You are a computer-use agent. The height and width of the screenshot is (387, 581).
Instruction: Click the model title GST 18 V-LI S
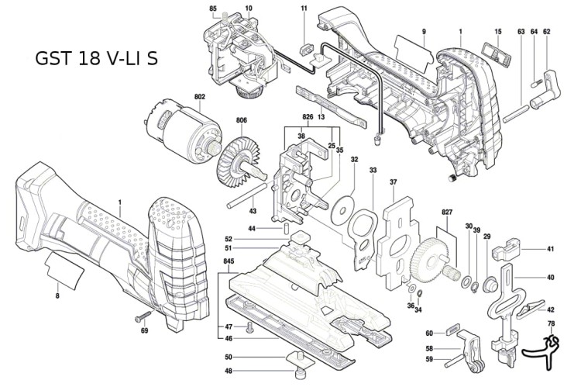96,59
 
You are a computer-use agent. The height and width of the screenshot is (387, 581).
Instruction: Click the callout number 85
213,9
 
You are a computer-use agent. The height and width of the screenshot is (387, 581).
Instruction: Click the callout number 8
57,295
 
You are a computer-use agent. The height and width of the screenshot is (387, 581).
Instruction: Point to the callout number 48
228,371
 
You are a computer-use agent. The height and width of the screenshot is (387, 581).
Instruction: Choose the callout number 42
551,309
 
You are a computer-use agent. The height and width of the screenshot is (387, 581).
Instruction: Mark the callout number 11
304,9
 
